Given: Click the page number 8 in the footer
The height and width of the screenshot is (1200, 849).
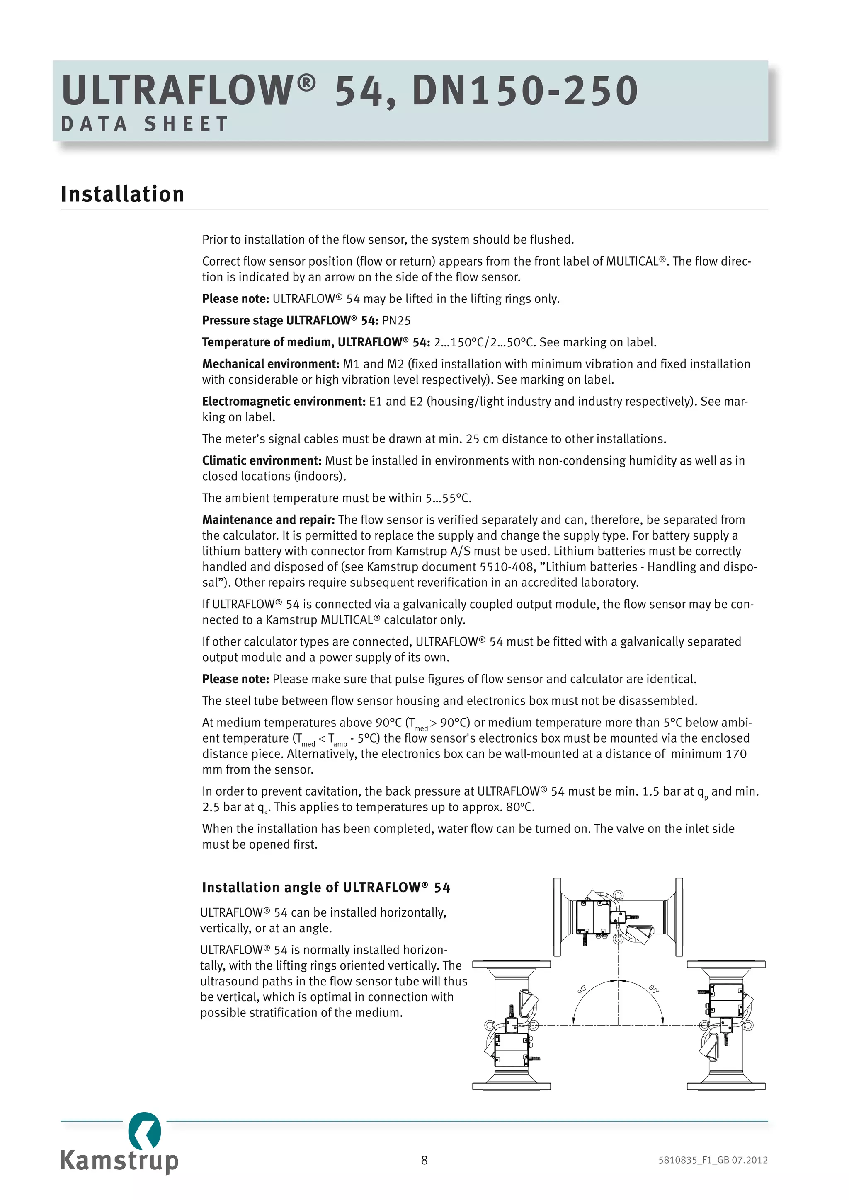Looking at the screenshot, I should pyautogui.click(x=424, y=1161).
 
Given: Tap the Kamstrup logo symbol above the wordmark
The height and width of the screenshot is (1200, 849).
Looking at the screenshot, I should pyautogui.click(x=144, y=1132).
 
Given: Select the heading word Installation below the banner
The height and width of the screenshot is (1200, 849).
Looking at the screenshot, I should pyautogui.click(x=122, y=194).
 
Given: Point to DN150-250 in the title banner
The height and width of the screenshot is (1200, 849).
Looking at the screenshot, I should pyautogui.click(x=525, y=91).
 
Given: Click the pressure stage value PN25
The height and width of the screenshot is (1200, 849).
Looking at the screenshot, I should pyautogui.click(x=396, y=320).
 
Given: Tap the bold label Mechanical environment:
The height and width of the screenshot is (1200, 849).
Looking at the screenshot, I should pyautogui.click(x=271, y=364).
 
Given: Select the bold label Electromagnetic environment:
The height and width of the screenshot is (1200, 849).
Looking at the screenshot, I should pyautogui.click(x=284, y=402).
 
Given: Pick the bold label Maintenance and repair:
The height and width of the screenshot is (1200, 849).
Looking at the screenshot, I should pyautogui.click(x=268, y=520).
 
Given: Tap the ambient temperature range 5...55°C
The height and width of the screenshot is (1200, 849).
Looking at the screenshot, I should pyautogui.click(x=448, y=498).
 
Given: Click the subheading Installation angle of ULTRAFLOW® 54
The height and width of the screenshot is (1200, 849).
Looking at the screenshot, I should pyautogui.click(x=326, y=888).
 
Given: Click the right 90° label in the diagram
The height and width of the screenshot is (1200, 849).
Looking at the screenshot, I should pyautogui.click(x=654, y=989).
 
